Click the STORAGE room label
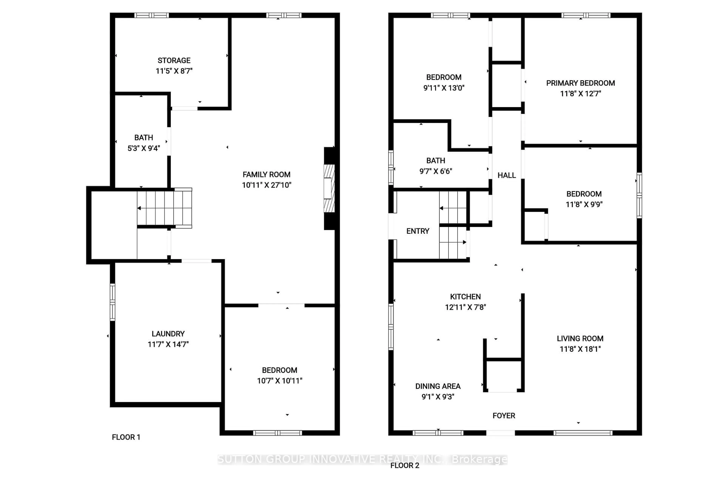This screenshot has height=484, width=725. coord(174,60)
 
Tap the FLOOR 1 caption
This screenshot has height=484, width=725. coord(126,437)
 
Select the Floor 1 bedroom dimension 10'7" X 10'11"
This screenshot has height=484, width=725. coord(280,381)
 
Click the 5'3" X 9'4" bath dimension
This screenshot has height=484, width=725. coord(144,148)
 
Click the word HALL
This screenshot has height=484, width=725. coord(506,175)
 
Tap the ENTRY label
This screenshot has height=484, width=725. coord(418,231)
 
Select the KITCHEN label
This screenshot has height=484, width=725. coord(465,297)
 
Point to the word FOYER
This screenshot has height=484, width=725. coord(504,416)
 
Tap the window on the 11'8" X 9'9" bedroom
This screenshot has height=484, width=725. coord(639,195)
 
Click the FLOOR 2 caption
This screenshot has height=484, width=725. coord(405,465)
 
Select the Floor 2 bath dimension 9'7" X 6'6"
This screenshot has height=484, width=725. coord(436,171)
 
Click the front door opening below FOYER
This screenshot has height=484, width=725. coord(500,433)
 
